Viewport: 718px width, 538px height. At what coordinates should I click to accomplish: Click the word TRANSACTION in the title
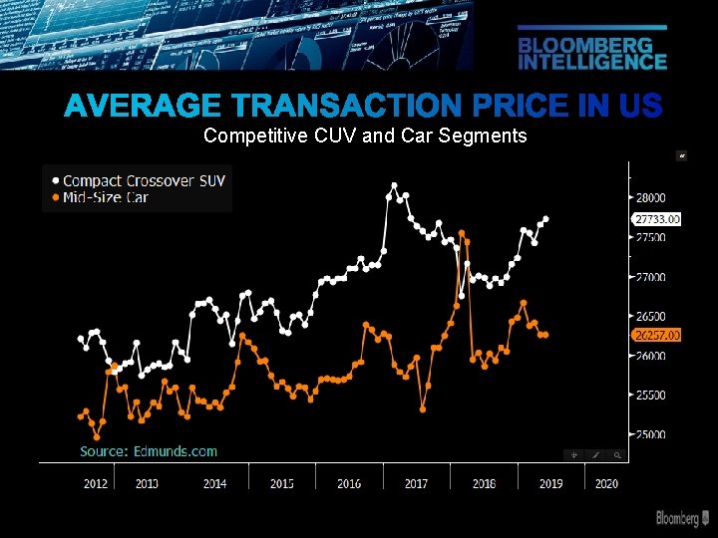coord(350,106)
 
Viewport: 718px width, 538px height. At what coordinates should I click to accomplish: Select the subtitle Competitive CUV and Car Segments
coord(364,135)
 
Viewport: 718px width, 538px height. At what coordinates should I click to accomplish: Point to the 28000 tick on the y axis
coord(651,198)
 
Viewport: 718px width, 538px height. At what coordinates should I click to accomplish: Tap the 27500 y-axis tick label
coord(651,238)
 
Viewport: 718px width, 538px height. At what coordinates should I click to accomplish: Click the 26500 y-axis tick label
coord(651,317)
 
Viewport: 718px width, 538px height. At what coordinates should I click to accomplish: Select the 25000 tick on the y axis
coord(651,435)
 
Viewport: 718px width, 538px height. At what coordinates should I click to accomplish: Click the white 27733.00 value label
coord(656,219)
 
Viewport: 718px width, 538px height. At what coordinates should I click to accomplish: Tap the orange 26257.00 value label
coord(656,335)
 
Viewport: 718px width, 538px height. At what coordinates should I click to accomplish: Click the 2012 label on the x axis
coord(95,484)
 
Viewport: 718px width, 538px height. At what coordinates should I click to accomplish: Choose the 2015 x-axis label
coord(282,484)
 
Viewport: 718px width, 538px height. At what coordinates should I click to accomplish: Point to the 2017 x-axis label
coord(416,484)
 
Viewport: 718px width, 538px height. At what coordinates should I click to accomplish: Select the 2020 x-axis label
coord(606,484)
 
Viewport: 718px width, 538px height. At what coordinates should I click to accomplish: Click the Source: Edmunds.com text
coord(149,451)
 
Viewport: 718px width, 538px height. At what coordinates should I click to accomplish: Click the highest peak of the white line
coord(394,185)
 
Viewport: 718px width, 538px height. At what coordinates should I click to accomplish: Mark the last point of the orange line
coord(545,335)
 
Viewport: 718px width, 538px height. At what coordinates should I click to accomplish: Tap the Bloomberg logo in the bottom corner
coord(683,518)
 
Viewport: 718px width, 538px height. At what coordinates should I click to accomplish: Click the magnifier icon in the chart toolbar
coord(618,455)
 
